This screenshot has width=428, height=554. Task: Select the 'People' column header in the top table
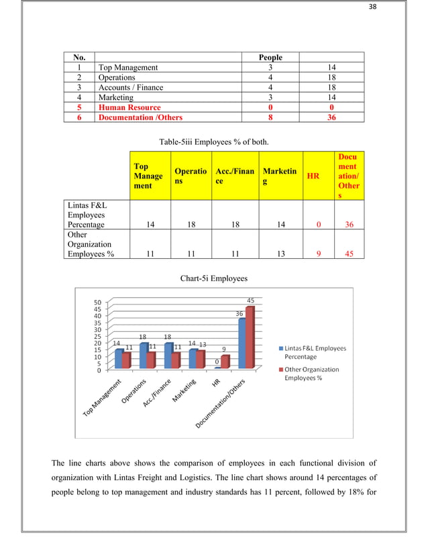(270, 57)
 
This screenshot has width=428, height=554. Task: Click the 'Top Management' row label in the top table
(128, 67)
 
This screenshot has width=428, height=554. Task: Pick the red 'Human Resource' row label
(129, 107)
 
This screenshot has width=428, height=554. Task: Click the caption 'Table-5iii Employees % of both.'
(213, 142)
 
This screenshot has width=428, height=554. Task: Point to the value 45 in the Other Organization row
(349, 254)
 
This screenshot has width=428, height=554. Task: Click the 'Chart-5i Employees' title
(213, 278)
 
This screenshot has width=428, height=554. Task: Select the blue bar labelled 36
(242, 343)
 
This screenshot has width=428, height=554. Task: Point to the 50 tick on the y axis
(97, 302)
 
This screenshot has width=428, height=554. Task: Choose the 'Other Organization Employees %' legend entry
(312, 374)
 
